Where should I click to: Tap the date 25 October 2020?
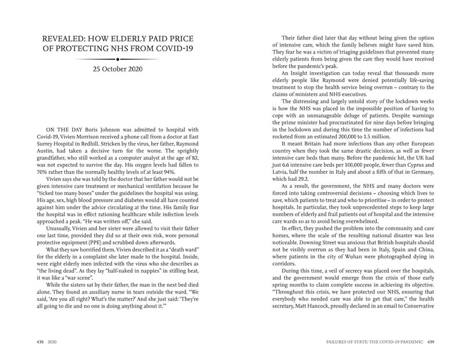[118, 70]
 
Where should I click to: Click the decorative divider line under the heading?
[118, 59]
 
